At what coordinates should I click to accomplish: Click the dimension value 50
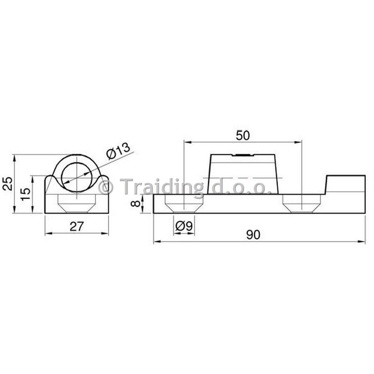tap(243, 135)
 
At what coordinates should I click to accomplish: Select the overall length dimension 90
tap(253, 235)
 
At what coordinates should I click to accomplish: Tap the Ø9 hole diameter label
tap(184, 226)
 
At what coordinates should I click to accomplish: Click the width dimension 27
tap(76, 226)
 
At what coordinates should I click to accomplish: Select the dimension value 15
tap(26, 194)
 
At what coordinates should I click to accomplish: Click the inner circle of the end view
tap(62, 177)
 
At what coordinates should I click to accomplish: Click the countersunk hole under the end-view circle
tap(77, 204)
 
